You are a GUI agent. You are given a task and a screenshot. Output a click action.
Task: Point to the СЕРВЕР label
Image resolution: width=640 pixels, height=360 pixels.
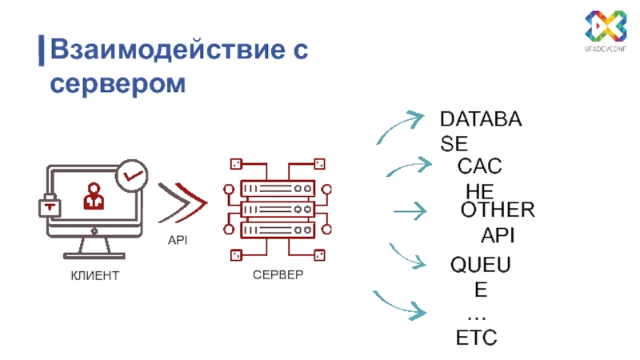pos(278,276)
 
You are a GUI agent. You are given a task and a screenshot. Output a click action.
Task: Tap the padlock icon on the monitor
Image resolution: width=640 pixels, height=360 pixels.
pos(51,205)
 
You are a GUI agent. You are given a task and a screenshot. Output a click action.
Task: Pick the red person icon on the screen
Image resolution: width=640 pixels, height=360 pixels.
pos(94,198)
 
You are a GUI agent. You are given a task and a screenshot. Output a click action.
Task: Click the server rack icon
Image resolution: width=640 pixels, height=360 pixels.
pos(276,210)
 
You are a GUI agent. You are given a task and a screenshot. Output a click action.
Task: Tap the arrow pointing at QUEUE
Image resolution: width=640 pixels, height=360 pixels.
pos(408,256)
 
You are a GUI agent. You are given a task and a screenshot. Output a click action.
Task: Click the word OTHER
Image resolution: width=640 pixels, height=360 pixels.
pos(497,210)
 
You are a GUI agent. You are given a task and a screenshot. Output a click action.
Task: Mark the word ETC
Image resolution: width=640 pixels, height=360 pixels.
pos(476,338)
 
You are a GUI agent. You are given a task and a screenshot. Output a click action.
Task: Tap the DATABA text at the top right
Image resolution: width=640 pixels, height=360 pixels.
pos(481,121)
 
